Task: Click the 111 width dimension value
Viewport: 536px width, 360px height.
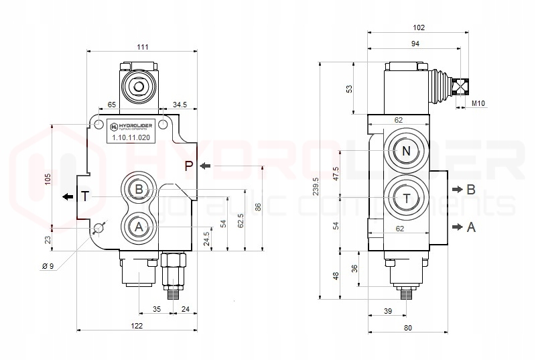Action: coord(143,47)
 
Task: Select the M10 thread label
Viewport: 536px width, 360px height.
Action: coord(478,103)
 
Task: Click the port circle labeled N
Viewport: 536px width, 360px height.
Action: coord(405,152)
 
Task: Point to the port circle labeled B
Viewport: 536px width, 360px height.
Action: coord(139,190)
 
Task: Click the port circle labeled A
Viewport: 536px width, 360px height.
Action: coord(139,227)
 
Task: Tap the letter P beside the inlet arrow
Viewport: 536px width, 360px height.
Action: coord(189,166)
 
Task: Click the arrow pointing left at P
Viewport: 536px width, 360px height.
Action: coord(206,166)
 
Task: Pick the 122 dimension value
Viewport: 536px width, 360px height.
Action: coord(137,326)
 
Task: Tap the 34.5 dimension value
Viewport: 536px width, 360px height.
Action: coord(180,105)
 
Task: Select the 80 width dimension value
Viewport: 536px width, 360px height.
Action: coord(408,328)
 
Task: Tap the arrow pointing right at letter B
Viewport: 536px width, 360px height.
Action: coord(456,190)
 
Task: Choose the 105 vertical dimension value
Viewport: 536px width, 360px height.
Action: coord(47,178)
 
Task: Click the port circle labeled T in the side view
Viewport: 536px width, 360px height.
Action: coord(405,198)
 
